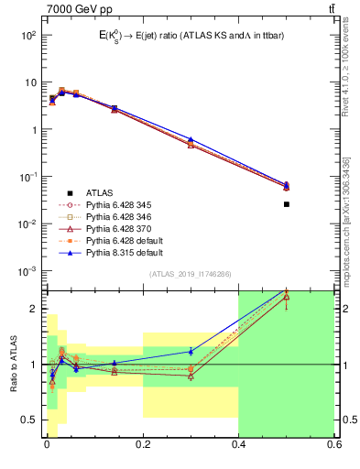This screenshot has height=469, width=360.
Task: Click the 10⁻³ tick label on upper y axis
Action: click(x=27, y=271)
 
